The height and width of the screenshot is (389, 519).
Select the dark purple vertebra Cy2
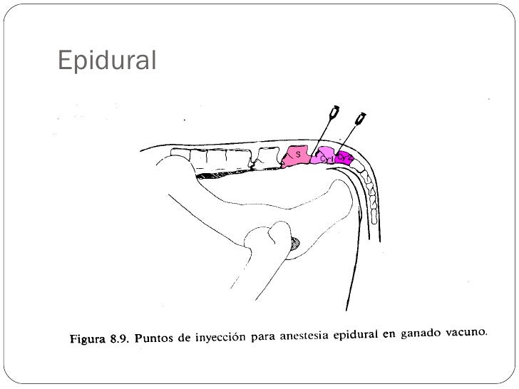(345, 157)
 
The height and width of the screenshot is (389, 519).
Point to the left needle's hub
(333, 113)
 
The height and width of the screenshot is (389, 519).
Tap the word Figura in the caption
(90, 339)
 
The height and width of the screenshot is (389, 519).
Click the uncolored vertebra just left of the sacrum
(269, 158)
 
